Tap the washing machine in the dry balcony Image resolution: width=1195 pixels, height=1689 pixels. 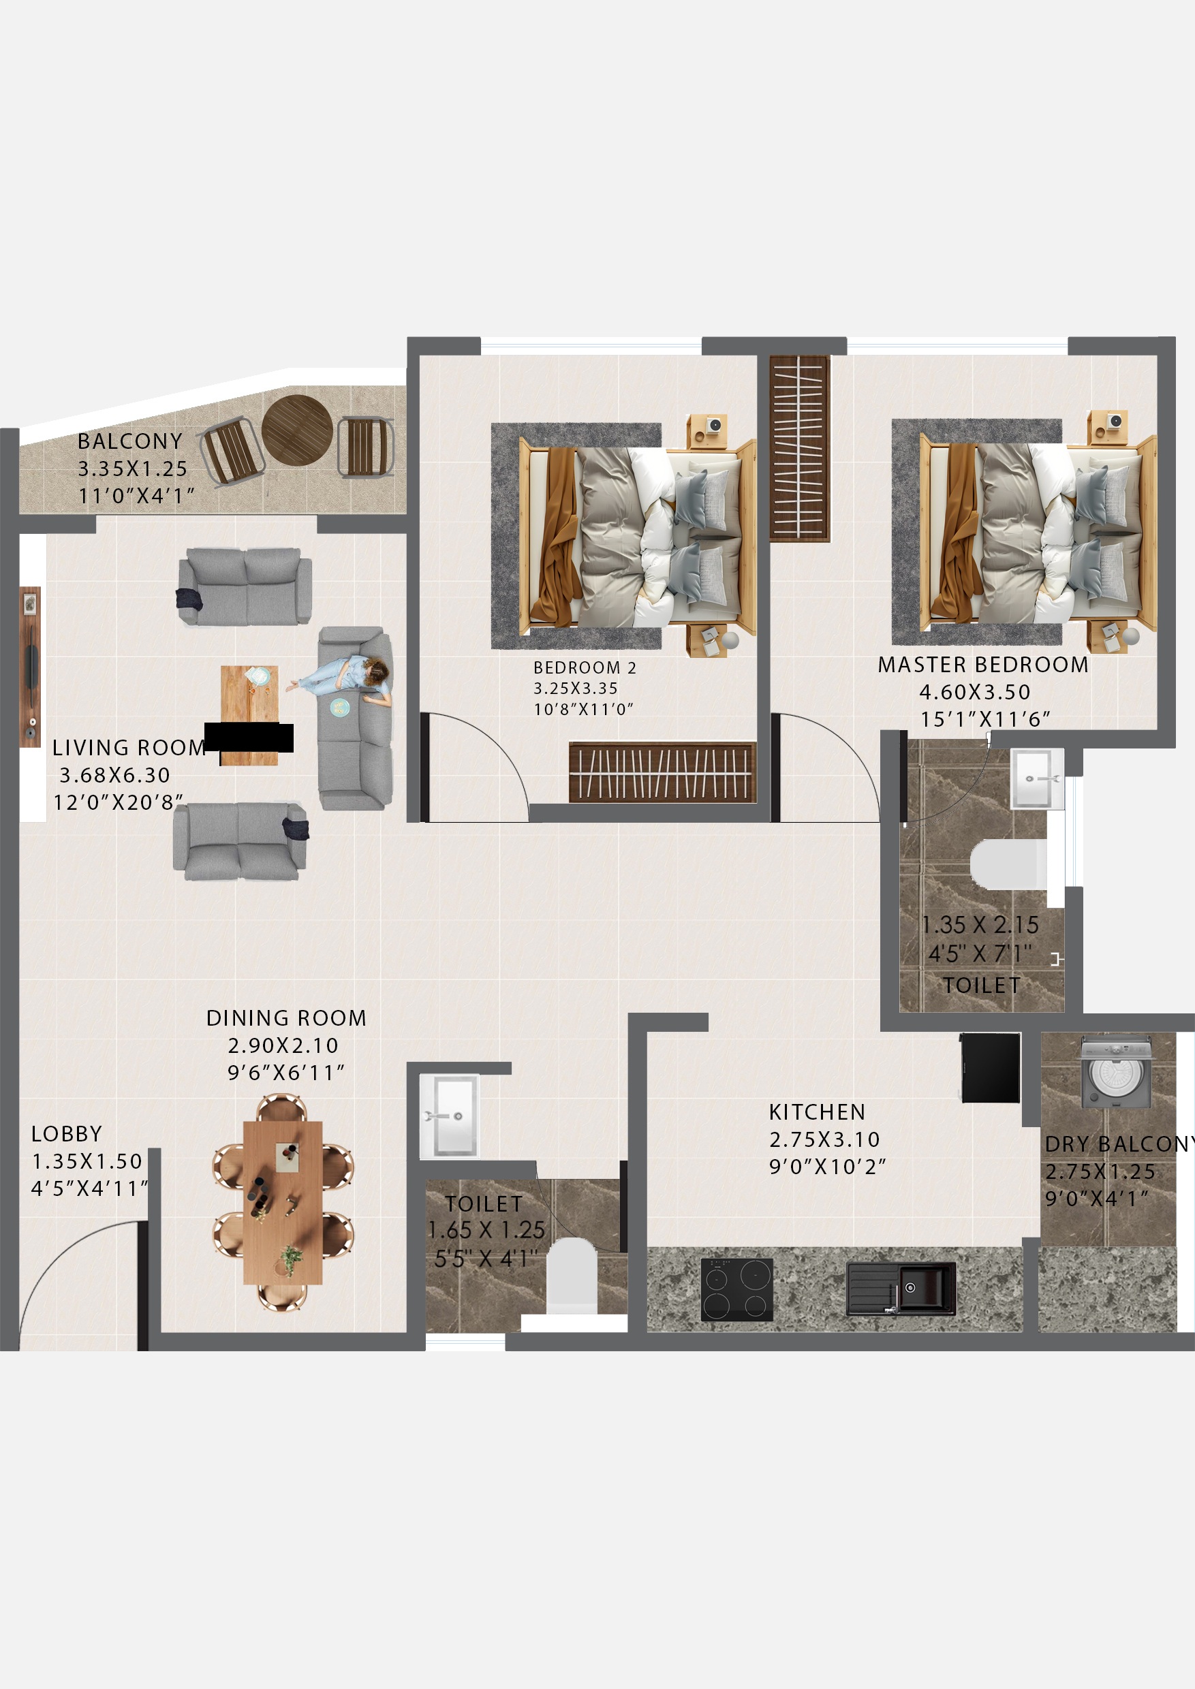pyautogui.click(x=1115, y=1072)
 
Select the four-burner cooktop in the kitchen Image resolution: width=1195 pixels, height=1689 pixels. pyautogui.click(x=736, y=1289)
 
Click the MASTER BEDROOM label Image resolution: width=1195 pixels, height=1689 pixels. pyautogui.click(x=982, y=665)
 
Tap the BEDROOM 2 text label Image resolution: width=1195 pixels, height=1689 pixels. pyautogui.click(x=585, y=668)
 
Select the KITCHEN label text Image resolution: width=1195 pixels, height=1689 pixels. pyautogui.click(x=817, y=1111)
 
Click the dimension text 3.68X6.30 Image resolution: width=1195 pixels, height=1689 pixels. pyautogui.click(x=114, y=775)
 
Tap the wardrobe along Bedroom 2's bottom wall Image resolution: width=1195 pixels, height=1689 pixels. pyautogui.click(x=662, y=772)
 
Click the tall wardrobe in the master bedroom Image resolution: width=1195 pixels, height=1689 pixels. pyautogui.click(x=800, y=448)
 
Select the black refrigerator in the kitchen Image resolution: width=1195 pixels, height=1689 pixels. pyautogui.click(x=991, y=1067)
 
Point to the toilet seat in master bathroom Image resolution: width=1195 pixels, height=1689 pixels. pyautogui.click(x=1008, y=865)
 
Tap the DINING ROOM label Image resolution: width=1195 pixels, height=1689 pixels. pyautogui.click(x=285, y=1018)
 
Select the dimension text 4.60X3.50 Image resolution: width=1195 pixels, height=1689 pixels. pyautogui.click(x=974, y=692)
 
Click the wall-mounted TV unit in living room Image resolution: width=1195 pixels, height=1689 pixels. pyautogui.click(x=30, y=667)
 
